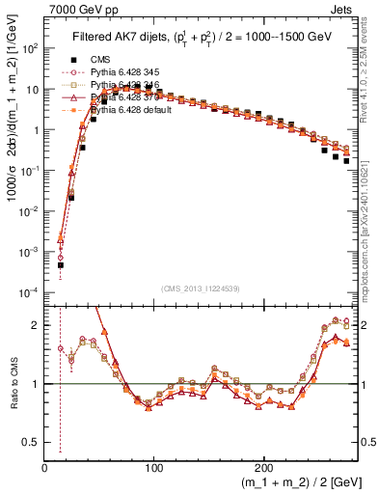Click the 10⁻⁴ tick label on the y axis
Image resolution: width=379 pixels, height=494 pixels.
click(x=29, y=291)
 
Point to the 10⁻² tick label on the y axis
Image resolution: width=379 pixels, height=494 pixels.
click(x=29, y=210)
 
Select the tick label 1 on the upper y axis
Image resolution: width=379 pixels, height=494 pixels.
click(x=35, y=129)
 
